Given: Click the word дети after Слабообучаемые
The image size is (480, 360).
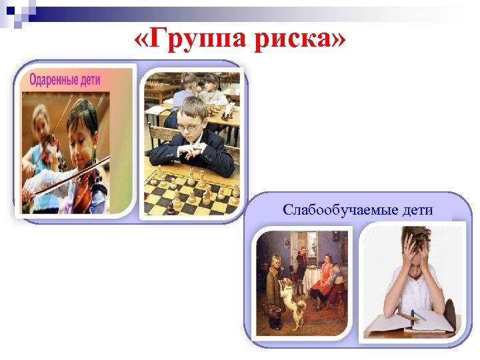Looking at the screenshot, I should coord(417,210).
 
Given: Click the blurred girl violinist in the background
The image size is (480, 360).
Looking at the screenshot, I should coord(37,143).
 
